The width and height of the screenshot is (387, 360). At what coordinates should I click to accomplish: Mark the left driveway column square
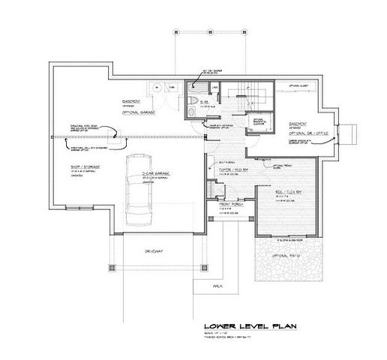pos(112,267)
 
